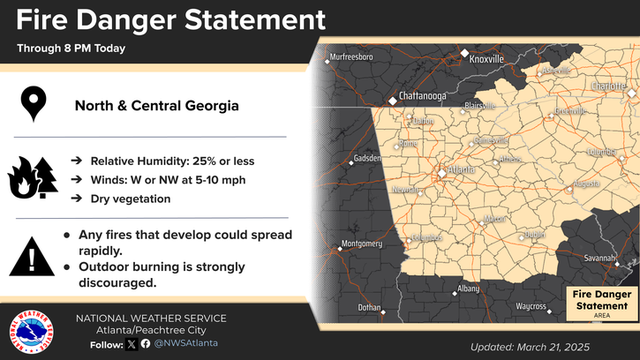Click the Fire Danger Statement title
tap(170, 20)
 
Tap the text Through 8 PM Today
tap(71, 49)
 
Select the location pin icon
tap(35, 103)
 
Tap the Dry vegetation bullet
tap(130, 199)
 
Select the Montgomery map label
tap(361, 243)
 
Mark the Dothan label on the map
tap(370, 307)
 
